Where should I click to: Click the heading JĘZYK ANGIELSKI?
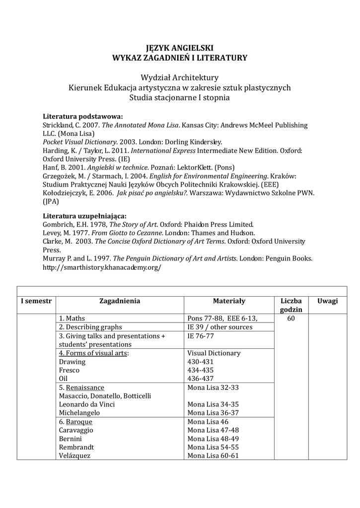179,48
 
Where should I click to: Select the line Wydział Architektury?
179,77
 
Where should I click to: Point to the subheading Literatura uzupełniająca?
84,216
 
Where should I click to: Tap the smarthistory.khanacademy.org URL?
102,267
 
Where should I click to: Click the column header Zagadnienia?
120,301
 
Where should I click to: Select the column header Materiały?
229,301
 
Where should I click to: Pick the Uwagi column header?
328,301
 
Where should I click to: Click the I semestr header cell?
36,301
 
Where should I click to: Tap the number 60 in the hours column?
291,318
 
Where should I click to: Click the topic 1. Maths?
72,318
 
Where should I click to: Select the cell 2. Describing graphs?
90,327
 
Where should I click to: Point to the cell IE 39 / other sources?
220,327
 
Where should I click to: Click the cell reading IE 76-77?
201,336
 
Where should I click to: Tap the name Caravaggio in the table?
76,430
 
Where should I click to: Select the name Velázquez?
75,455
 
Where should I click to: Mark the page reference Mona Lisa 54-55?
213,447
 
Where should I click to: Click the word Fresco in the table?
69,370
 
